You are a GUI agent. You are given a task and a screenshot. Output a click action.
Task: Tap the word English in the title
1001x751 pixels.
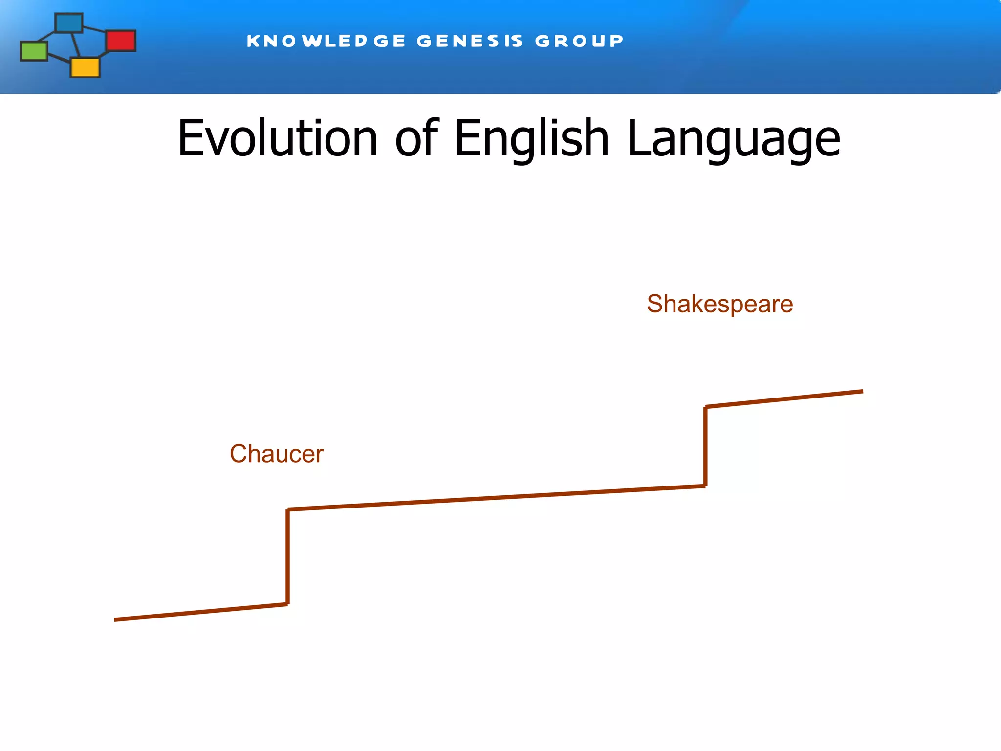pyautogui.click(x=532, y=139)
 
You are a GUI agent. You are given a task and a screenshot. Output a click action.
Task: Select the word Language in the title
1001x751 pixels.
pyautogui.click(x=733, y=139)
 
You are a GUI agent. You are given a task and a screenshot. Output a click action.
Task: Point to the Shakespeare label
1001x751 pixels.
pyautogui.click(x=719, y=304)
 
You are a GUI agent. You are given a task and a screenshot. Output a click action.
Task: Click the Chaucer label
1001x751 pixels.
pyautogui.click(x=277, y=454)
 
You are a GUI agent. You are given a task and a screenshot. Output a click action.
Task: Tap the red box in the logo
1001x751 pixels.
pyautogui.click(x=121, y=40)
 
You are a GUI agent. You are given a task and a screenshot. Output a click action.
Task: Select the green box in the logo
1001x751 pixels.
pyautogui.click(x=34, y=51)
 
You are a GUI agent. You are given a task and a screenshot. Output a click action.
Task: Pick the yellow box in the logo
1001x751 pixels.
pyautogui.click(x=85, y=67)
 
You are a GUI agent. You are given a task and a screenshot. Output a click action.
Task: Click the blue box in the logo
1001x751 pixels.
pyautogui.click(x=69, y=22)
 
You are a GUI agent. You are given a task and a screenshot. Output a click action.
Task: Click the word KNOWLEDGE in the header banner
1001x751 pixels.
pyautogui.click(x=326, y=41)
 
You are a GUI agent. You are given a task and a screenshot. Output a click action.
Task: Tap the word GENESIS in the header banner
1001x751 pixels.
pyautogui.click(x=470, y=41)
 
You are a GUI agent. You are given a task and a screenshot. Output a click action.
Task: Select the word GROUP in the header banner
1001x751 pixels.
pyautogui.click(x=579, y=41)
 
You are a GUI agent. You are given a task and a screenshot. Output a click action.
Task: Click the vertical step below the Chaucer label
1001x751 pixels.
pyautogui.click(x=288, y=557)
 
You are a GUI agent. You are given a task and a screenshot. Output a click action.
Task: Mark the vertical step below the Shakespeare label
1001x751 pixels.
pyautogui.click(x=705, y=446)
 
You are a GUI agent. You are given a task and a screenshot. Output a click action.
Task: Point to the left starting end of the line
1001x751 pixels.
pyautogui.click(x=116, y=619)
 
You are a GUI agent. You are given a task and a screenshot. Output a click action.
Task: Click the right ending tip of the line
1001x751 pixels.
pyautogui.click(x=862, y=391)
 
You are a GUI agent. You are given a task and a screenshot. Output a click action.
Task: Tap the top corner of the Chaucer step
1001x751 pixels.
pyautogui.click(x=288, y=510)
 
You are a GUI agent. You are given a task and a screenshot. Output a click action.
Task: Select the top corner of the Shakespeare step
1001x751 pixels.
pyautogui.click(x=706, y=407)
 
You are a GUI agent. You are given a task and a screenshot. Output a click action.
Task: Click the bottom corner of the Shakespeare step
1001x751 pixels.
pyautogui.click(x=705, y=486)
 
